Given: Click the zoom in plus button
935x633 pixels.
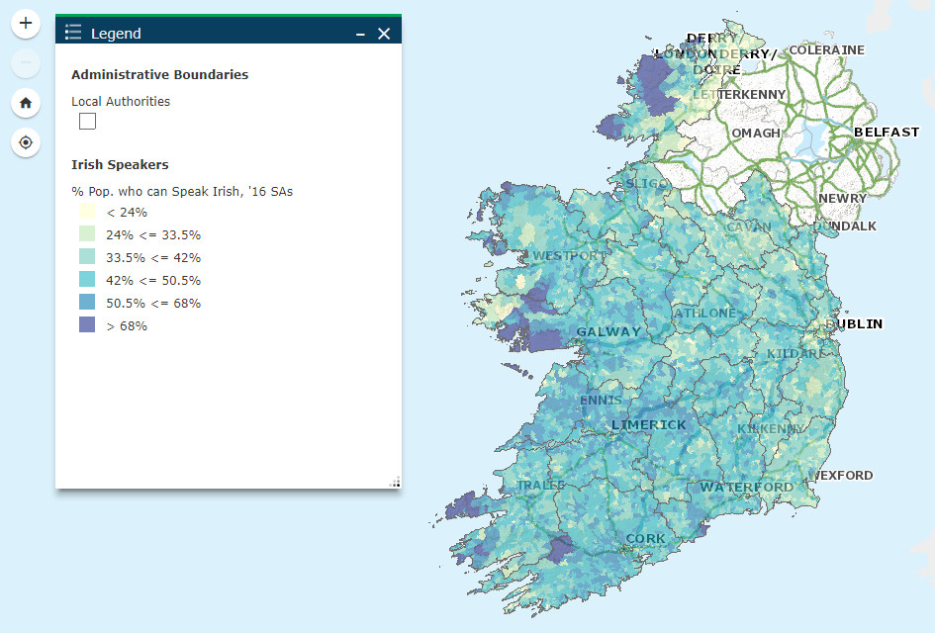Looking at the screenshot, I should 26,23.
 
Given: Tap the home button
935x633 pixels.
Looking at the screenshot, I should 26,102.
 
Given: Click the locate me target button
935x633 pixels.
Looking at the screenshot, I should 26,142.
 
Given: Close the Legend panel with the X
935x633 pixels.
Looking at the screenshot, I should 384,34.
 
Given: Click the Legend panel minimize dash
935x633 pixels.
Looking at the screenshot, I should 361,34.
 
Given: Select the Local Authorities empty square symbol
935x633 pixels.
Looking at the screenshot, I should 88,121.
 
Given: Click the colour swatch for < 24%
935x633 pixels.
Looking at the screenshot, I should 87,212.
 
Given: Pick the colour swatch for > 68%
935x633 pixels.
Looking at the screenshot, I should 87,325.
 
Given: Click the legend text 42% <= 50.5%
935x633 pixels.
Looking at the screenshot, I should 153,280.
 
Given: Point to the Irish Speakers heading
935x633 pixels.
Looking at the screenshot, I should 120,164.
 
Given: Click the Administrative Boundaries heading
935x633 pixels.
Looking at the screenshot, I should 159,74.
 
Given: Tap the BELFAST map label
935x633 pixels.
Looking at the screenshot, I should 886,132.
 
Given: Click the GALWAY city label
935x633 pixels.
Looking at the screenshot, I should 608,331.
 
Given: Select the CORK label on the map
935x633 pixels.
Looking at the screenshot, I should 645,539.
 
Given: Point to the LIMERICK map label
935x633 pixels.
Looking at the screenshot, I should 648,424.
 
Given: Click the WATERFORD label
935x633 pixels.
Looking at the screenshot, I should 746,487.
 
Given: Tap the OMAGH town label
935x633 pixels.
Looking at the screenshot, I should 756,134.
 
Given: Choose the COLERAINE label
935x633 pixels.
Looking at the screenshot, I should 826,50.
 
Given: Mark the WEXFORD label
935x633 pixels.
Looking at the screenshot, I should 843,475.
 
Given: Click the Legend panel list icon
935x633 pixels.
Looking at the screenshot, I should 73,34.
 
